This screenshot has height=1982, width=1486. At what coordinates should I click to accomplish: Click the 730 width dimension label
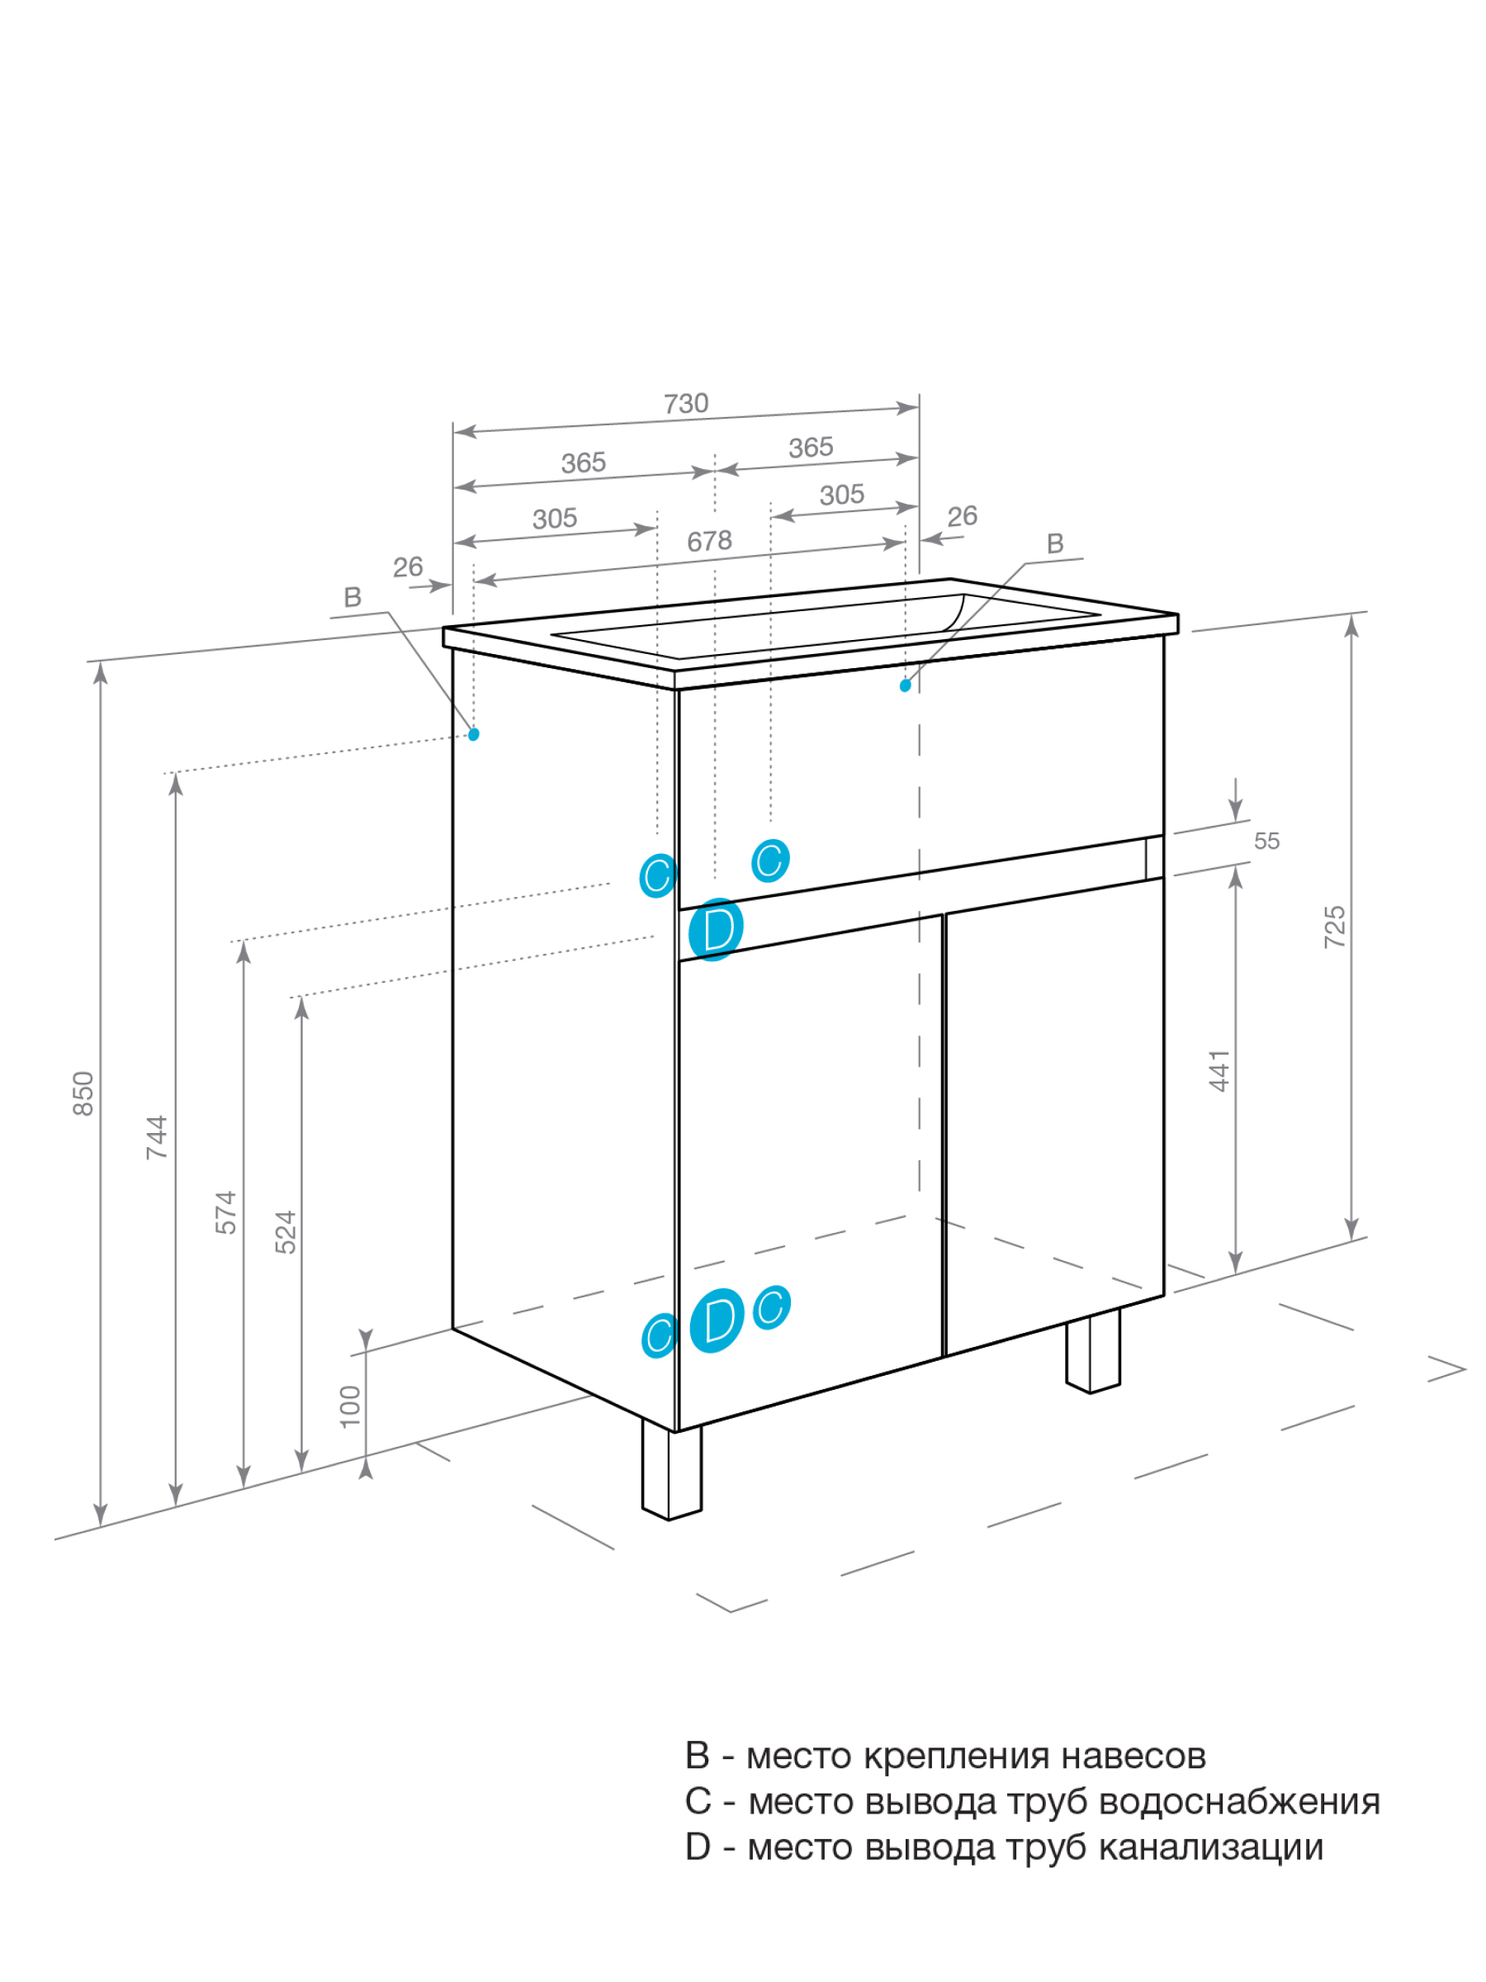pyautogui.click(x=685, y=404)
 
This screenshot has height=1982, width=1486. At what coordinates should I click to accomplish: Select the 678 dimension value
pyautogui.click(x=709, y=541)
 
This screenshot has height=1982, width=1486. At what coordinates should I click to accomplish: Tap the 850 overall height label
pyautogui.click(x=83, y=1093)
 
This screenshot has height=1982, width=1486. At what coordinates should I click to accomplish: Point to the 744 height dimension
pyautogui.click(x=157, y=1137)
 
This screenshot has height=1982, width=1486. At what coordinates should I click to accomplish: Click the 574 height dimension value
pyautogui.click(x=225, y=1212)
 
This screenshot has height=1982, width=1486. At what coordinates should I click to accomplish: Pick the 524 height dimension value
pyautogui.click(x=285, y=1232)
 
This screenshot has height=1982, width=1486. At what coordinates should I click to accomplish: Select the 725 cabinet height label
pyautogui.click(x=1335, y=927)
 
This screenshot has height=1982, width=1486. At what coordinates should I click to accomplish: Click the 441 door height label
pyautogui.click(x=1219, y=1071)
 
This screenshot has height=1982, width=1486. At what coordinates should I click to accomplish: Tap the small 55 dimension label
pyautogui.click(x=1266, y=842)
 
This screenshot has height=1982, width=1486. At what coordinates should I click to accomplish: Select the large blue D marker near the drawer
pyautogui.click(x=717, y=929)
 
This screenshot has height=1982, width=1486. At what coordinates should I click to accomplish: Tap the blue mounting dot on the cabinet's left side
pyautogui.click(x=474, y=735)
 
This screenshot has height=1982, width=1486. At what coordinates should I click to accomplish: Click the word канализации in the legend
pyautogui.click(x=1210, y=1847)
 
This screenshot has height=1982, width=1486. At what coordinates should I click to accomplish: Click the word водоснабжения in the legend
pyautogui.click(x=1239, y=1802)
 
